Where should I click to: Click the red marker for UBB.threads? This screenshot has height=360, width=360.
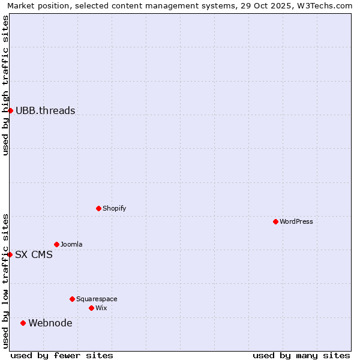coord(10,110)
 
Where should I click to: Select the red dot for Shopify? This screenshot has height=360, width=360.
coord(98,208)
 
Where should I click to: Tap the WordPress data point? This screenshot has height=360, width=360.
coord(275,221)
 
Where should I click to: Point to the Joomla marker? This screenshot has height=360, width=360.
coord(56,244)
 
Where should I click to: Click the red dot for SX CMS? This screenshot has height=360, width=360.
coord(10,254)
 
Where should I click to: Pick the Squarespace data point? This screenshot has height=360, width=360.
coord(72,299)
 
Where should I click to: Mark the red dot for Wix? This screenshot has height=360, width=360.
coord(91,308)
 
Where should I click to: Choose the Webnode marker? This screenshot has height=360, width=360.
coord(23,323)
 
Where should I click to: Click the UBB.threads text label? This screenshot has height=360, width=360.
coord(45,110)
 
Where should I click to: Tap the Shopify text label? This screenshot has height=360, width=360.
coord(114,208)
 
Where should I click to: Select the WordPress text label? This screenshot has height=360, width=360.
coord(296,221)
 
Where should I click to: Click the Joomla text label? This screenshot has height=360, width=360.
coord(71,244)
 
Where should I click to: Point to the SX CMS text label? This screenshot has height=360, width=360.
coord(34,254)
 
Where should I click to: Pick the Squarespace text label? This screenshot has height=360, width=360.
coord(97,299)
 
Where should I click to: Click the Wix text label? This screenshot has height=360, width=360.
coord(101,308)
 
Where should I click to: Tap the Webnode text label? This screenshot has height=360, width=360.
coord(50,323)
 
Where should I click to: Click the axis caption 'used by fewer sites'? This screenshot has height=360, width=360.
coord(62,355)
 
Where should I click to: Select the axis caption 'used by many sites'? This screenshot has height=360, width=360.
coord(301,355)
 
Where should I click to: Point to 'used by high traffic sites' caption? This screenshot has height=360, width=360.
coord(6,85)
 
